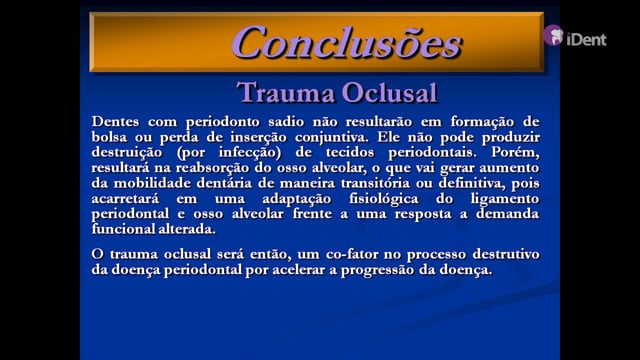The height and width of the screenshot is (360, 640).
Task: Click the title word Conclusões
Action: tap(347, 42)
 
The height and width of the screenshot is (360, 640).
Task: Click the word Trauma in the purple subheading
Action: tap(285, 92)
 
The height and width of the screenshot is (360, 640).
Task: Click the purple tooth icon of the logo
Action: tap(553, 35)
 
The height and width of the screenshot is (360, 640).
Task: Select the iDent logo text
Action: tap(586, 40)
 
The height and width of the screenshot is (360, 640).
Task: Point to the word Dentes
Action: tap(116, 122)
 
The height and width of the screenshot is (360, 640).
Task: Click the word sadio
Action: tap(286, 122)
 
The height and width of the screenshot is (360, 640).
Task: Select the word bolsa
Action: tap(109, 137)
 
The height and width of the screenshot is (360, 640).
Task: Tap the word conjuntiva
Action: tap(331, 137)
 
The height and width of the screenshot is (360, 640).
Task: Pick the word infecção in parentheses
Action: tap(250, 153)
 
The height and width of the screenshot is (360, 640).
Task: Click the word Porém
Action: tap(515, 153)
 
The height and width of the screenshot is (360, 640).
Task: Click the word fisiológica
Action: tap(384, 199)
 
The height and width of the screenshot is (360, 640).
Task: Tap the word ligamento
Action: tap(505, 199)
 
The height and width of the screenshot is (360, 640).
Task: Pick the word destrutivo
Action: tap(506, 255)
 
